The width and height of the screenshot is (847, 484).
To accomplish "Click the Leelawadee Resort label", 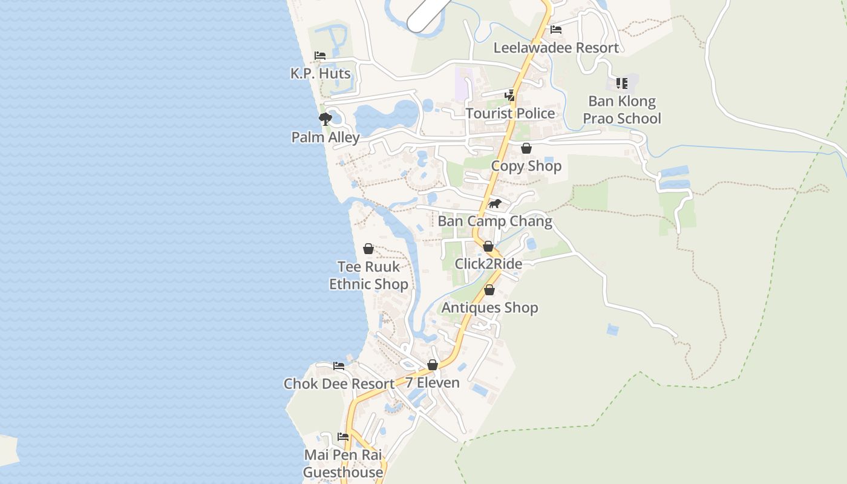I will pyautogui.click(x=556, y=48).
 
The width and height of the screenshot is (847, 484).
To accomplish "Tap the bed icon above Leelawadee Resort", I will pyautogui.click(x=556, y=29).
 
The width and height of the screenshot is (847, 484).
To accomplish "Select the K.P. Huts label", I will pyautogui.click(x=320, y=73).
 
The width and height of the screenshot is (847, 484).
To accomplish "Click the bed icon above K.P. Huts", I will pyautogui.click(x=320, y=56).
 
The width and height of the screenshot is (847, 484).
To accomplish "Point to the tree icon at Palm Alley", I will pyautogui.click(x=325, y=119).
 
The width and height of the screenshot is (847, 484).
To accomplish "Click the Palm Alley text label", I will pyautogui.click(x=325, y=137).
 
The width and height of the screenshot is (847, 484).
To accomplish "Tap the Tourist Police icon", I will pyautogui.click(x=510, y=95).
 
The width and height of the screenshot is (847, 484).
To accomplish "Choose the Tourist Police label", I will pyautogui.click(x=510, y=113).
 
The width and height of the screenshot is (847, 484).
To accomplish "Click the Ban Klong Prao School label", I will pyautogui.click(x=622, y=110).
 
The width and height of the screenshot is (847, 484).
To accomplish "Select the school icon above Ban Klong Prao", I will pyautogui.click(x=621, y=83).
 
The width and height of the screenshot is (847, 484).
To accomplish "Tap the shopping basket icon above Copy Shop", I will pyautogui.click(x=526, y=148).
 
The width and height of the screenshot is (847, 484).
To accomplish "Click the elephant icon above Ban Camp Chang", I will pyautogui.click(x=495, y=203).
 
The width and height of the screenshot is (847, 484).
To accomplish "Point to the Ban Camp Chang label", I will pyautogui.click(x=495, y=221).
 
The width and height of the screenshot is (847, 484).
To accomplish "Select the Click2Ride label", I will pyautogui.click(x=488, y=264).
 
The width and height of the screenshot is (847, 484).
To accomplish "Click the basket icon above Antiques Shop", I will pyautogui.click(x=489, y=290).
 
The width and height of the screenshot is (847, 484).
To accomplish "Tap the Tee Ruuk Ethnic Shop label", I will pyautogui.click(x=368, y=275).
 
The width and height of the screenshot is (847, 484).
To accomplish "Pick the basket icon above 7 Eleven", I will pyautogui.click(x=433, y=365).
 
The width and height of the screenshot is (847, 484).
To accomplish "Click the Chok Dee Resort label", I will pyautogui.click(x=339, y=384).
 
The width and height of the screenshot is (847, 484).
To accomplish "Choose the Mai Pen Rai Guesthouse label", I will pyautogui.click(x=343, y=463).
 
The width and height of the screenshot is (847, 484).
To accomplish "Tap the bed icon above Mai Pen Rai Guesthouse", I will pyautogui.click(x=343, y=437).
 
